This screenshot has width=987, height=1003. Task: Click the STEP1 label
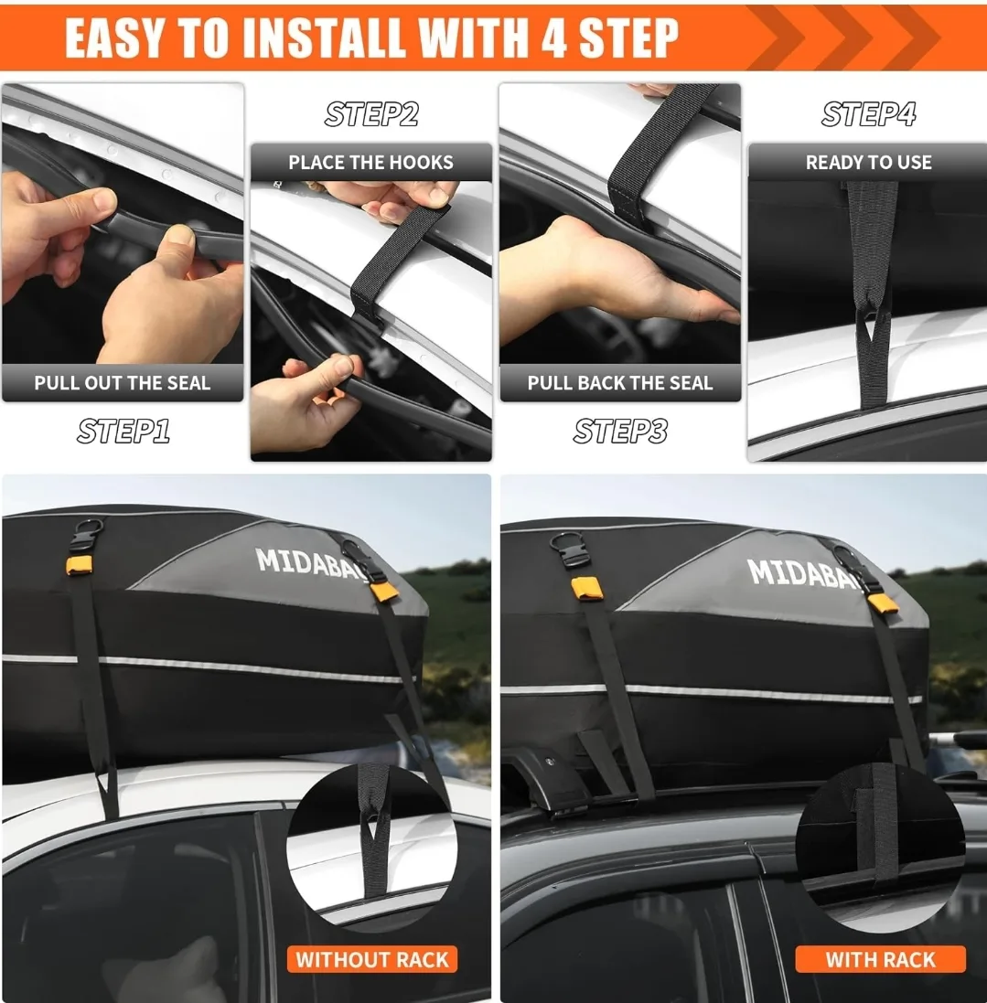coord(123,431)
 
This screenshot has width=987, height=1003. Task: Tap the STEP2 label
coord(371,114)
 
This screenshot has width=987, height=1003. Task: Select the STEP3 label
coord(620,431)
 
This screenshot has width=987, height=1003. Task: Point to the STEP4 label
coord(868,114)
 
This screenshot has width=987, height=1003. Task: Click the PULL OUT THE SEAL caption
coord(123,383)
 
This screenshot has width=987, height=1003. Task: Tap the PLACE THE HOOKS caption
coord(370,163)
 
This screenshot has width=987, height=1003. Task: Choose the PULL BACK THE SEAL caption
coord(619,383)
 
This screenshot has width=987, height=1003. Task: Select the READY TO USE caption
coord(868,163)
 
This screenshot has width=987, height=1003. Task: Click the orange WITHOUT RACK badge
coord(372,959)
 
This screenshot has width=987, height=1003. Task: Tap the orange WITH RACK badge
coord(880,959)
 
